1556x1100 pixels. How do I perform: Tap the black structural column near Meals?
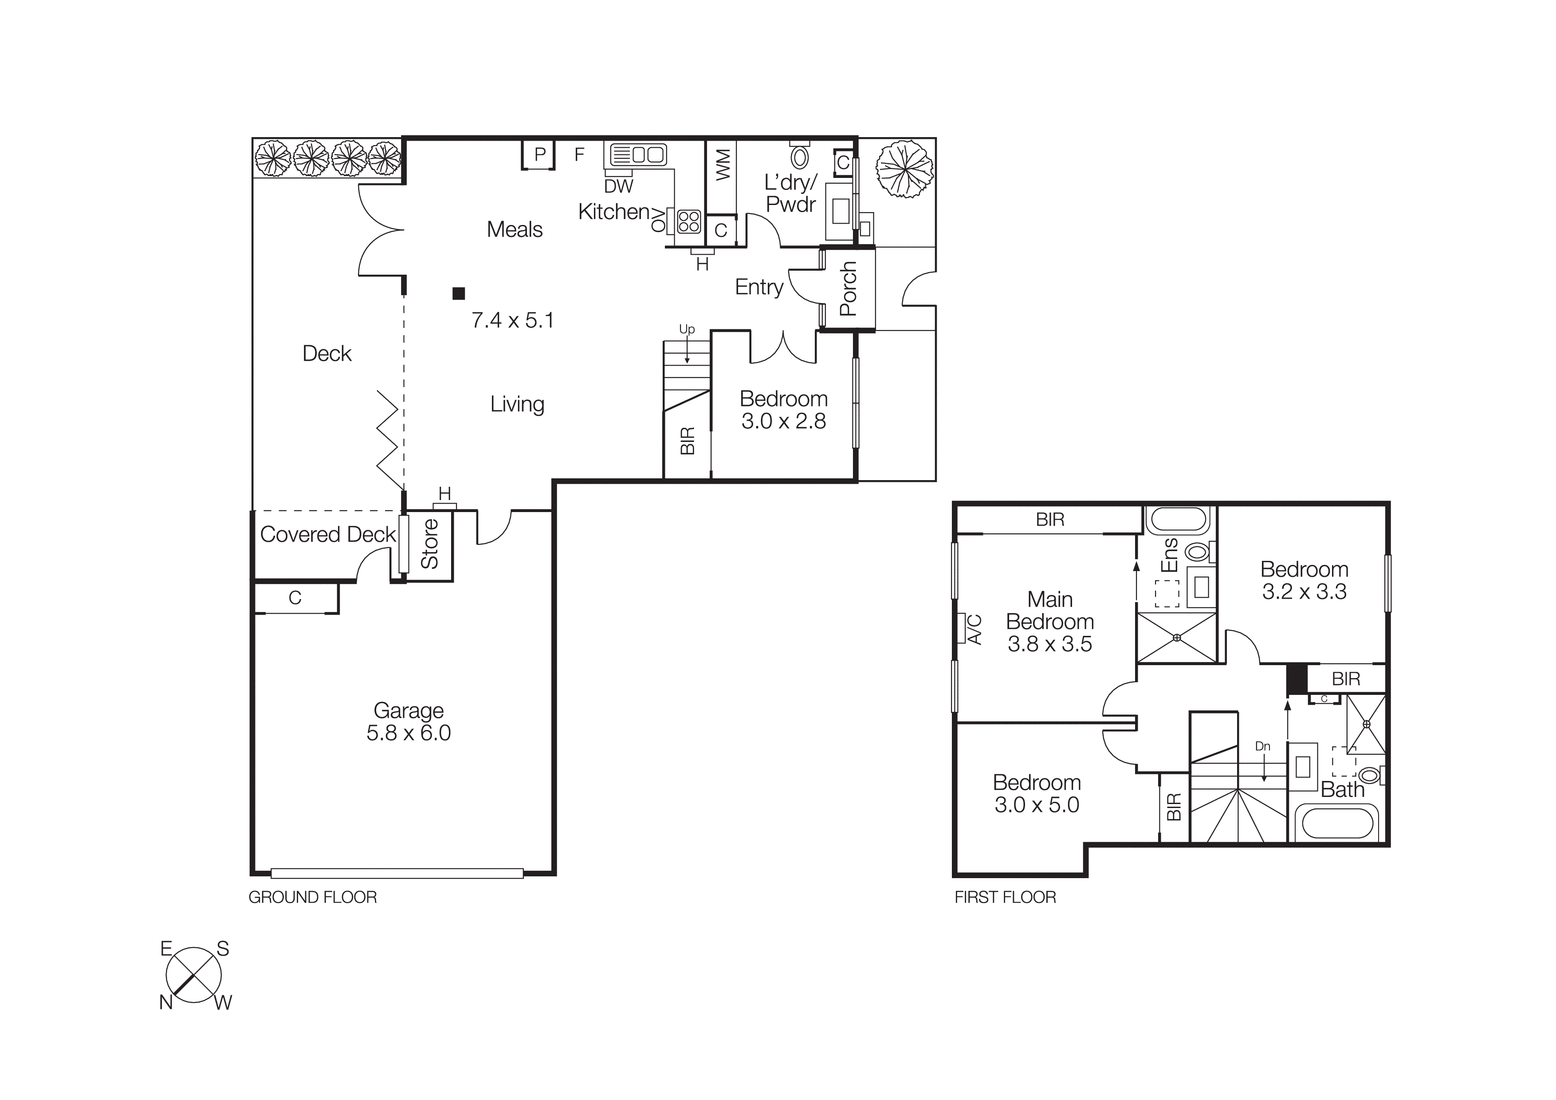pyautogui.click(x=459, y=293)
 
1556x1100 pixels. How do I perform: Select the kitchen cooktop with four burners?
pyautogui.click(x=688, y=221)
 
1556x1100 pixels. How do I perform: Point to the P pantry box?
pyautogui.click(x=539, y=154)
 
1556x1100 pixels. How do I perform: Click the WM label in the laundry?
pyautogui.click(x=723, y=165)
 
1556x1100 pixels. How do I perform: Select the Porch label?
pyautogui.click(x=848, y=289)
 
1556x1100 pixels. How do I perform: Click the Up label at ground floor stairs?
pyautogui.click(x=687, y=329)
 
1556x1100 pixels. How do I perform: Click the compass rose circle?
pyautogui.click(x=194, y=975)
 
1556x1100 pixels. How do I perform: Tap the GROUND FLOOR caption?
pyautogui.click(x=312, y=897)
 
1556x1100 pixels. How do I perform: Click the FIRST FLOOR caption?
pyautogui.click(x=1005, y=897)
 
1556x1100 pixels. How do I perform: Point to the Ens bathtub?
pyautogui.click(x=1176, y=520)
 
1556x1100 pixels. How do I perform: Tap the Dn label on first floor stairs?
pyautogui.click(x=1262, y=746)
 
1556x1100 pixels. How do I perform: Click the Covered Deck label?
pyautogui.click(x=327, y=535)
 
